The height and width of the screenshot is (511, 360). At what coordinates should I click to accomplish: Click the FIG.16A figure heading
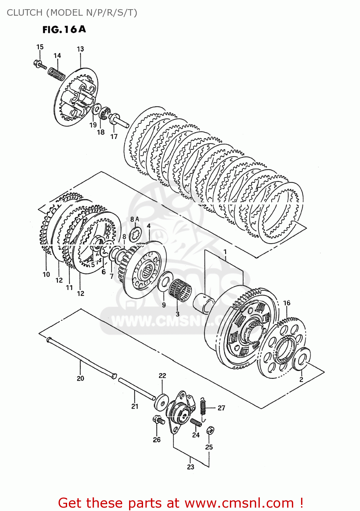click(64, 30)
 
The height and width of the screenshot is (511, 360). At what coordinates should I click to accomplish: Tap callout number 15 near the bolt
click(40, 47)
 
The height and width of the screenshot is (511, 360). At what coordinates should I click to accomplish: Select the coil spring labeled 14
click(57, 74)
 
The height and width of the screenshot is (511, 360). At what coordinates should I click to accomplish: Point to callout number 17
click(114, 137)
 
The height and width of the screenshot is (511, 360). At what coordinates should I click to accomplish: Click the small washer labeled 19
click(96, 109)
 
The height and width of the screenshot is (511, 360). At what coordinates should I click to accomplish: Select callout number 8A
click(135, 219)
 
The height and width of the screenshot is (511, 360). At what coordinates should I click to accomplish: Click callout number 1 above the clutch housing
click(225, 252)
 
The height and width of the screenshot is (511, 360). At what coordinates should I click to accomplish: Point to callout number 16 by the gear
click(287, 303)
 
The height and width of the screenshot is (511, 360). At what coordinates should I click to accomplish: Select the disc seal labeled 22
click(161, 402)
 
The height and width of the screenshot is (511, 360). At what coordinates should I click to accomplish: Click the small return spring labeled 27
click(203, 406)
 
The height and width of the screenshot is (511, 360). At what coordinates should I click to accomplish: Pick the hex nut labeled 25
click(210, 430)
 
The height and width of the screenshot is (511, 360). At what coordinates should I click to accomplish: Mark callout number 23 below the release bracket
click(190, 467)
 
